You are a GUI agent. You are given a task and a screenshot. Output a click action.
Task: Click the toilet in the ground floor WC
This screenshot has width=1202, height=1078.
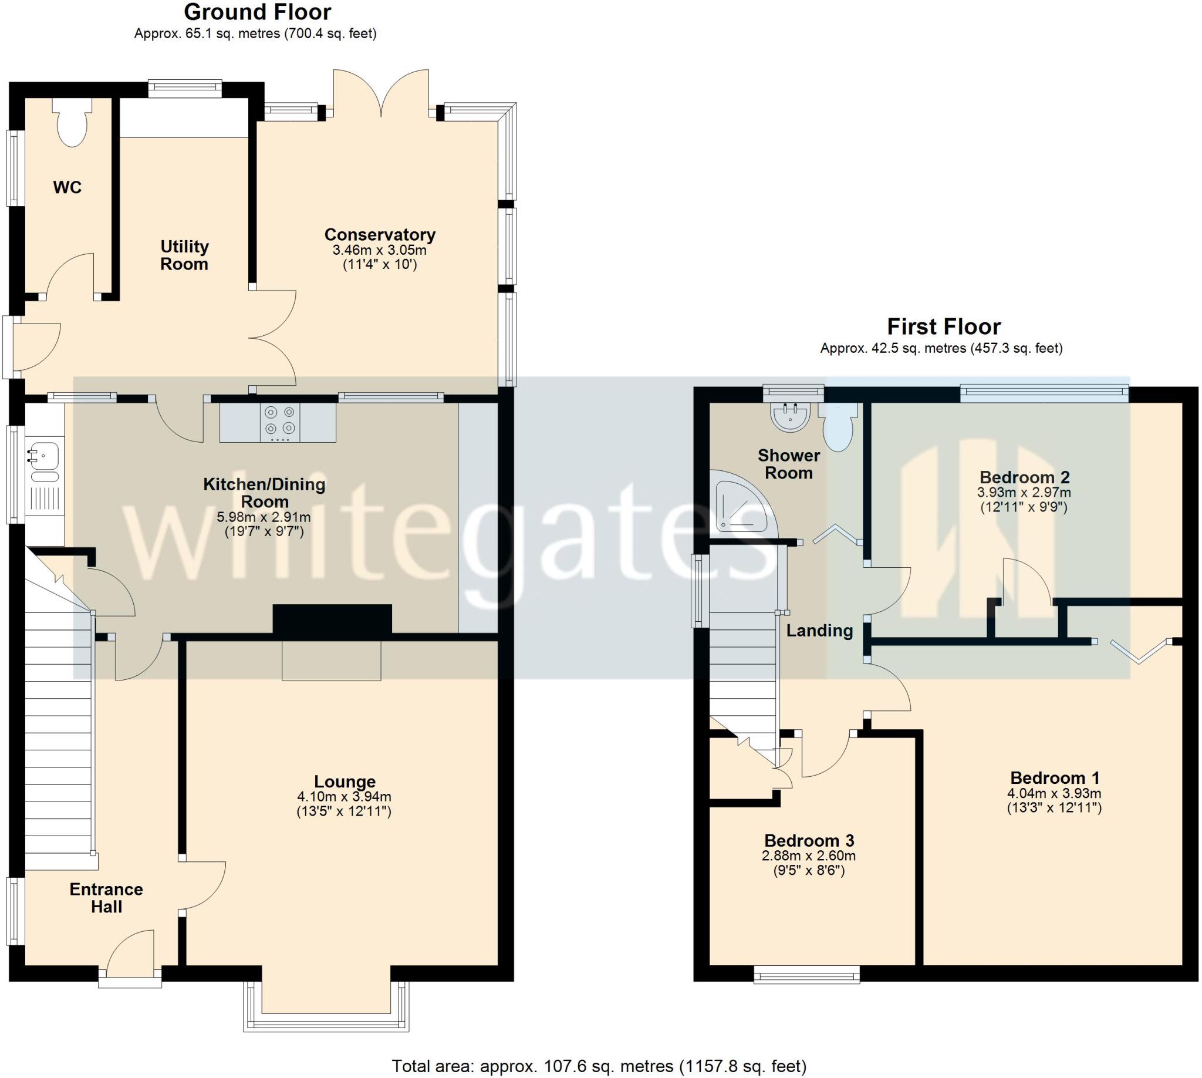click(x=72, y=123)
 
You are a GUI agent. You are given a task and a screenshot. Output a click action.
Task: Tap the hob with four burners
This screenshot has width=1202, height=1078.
click(x=280, y=422)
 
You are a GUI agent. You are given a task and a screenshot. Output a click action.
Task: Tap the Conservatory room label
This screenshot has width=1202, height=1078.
click(x=380, y=234)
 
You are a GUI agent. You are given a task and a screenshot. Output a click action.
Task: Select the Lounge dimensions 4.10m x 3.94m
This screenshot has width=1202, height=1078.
click(x=344, y=797)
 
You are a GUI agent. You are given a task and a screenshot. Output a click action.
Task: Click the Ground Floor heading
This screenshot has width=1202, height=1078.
click(x=258, y=12)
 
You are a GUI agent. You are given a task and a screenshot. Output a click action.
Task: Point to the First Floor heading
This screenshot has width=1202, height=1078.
click(x=943, y=326)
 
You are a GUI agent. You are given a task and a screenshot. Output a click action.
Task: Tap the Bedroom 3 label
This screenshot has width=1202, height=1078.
click(x=809, y=840)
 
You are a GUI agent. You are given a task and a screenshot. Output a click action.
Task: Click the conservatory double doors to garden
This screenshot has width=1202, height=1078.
click(x=381, y=92)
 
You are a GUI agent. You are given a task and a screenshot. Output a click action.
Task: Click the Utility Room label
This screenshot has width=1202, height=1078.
click(x=184, y=255)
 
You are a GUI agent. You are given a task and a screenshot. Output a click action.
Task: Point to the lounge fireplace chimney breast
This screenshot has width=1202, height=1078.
click(x=332, y=619)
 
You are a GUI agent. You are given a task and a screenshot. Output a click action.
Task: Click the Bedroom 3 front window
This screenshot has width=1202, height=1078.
click(x=806, y=973)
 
